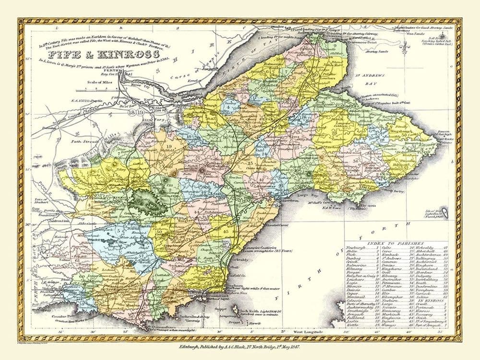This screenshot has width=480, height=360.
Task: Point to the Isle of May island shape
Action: (445, 210)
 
